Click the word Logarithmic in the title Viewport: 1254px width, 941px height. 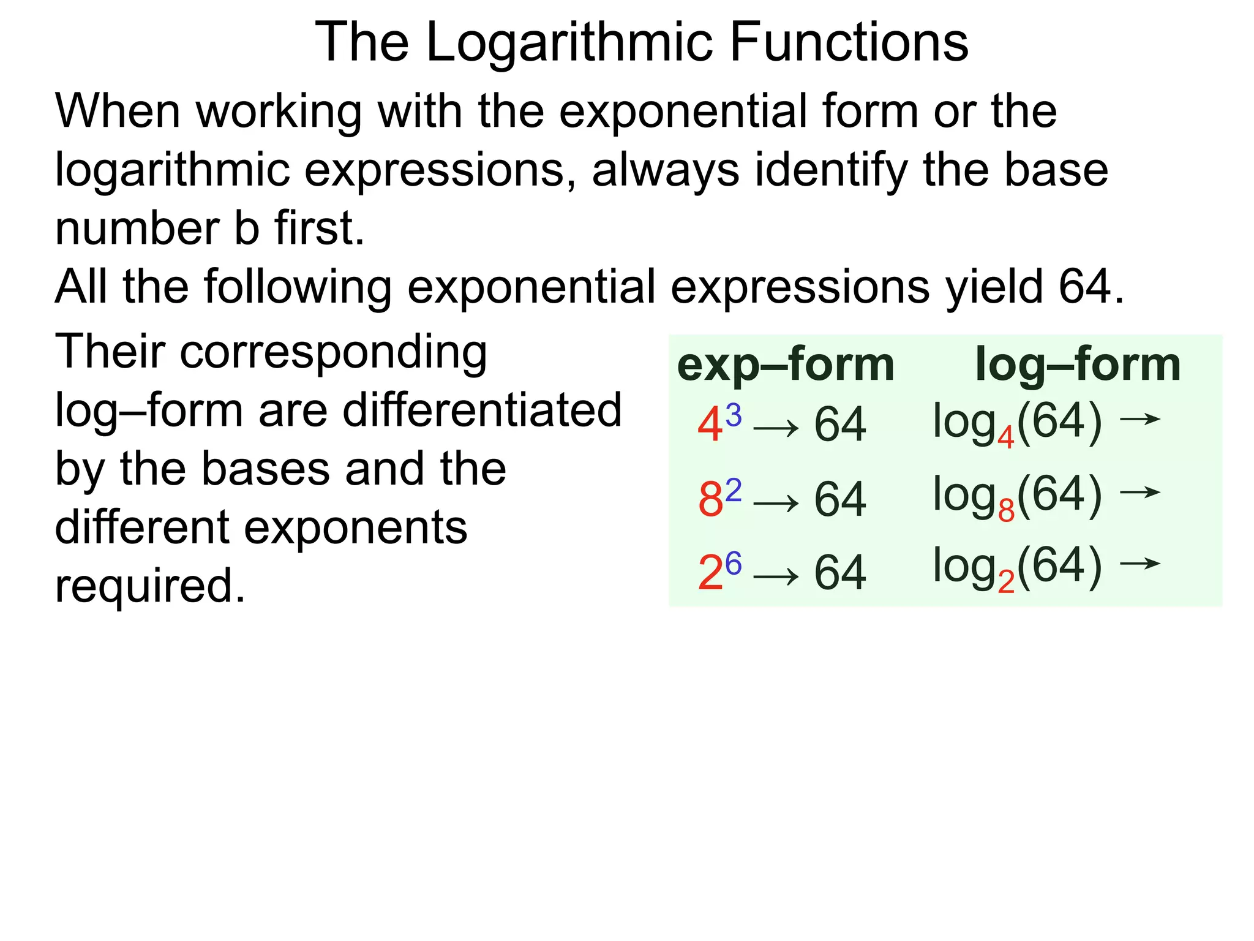tap(570, 43)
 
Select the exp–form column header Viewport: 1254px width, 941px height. tap(786, 365)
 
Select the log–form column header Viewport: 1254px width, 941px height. tap(1078, 365)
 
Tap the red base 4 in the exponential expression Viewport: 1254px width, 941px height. tap(710, 425)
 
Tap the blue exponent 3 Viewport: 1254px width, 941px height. tap(733, 415)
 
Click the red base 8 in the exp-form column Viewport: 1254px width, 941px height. tap(710, 500)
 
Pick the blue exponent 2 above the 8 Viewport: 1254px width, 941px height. tap(733, 489)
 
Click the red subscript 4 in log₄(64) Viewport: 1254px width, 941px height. tap(1005, 438)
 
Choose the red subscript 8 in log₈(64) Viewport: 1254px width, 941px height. tap(1006, 511)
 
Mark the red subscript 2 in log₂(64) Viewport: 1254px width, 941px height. tap(1006, 583)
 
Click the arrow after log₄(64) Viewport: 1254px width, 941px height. tap(1139, 420)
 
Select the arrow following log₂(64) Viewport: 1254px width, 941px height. tap(1139, 564)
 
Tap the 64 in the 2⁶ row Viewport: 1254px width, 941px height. tap(839, 573)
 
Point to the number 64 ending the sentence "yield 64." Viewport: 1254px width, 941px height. tap(1084, 287)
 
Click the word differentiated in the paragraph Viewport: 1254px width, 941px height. tap(482, 410)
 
